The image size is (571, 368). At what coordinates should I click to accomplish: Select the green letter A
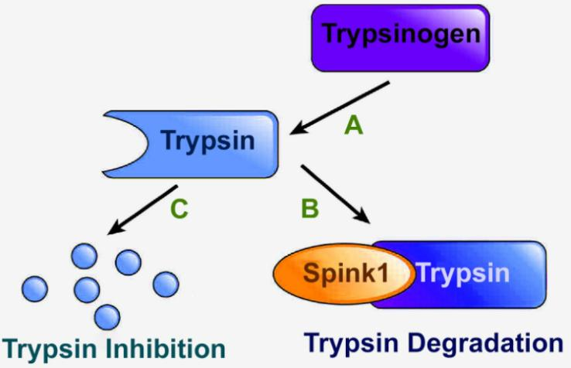point(354,124)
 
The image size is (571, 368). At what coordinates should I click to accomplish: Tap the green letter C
point(179,209)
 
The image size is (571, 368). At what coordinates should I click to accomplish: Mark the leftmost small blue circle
point(33,288)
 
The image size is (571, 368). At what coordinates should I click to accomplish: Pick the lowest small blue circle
point(107,316)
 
